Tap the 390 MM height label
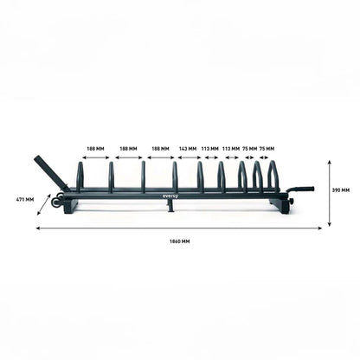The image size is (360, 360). [340, 190]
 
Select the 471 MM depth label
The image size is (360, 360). [24, 200]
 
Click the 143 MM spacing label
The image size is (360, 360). [187, 148]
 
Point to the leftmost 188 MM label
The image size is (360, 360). [94, 148]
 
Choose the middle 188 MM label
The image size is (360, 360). [127, 148]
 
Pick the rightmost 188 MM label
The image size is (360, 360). [160, 148]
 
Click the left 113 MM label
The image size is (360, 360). [209, 148]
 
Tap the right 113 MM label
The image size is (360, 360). [230, 148]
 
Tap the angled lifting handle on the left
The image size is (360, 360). [48, 172]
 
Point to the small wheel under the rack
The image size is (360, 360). [57, 203]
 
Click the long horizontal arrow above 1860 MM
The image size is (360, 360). [179, 228]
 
